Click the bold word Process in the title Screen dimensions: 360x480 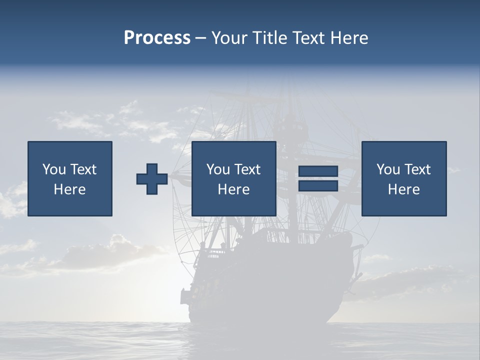pyautogui.click(x=157, y=38)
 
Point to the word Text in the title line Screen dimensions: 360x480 pyautogui.click(x=308, y=38)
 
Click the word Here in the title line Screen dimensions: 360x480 pyautogui.click(x=349, y=38)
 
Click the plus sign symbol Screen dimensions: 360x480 pyautogui.click(x=152, y=179)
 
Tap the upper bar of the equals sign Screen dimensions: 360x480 pyautogui.click(x=318, y=171)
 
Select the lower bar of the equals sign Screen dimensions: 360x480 pyautogui.click(x=318, y=185)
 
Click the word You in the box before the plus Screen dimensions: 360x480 pyautogui.click(x=54, y=169)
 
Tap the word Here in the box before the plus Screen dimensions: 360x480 pyautogui.click(x=70, y=189)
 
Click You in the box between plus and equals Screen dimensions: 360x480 pyautogui.click(x=218, y=169)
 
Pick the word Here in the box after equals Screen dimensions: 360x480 pyautogui.click(x=404, y=189)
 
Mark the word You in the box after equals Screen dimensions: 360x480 pyautogui.click(x=388, y=169)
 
